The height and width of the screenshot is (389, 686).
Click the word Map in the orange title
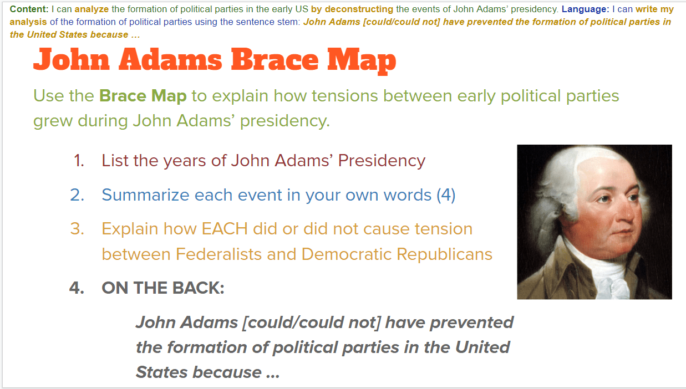[362, 61]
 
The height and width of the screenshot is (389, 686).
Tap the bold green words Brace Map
[143, 96]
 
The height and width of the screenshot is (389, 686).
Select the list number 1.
[79, 161]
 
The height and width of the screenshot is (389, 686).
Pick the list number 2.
[77, 195]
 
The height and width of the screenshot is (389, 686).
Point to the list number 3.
[77, 229]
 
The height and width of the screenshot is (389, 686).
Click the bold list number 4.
[77, 288]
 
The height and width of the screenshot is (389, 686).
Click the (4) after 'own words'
[446, 195]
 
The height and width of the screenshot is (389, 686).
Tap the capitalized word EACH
[225, 229]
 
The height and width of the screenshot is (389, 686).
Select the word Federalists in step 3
[218, 254]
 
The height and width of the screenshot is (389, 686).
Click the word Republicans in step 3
[444, 255]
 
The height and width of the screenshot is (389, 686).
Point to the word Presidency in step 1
[382, 161]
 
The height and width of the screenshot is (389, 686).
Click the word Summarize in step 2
[145, 195]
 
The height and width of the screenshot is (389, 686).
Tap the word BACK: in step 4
[198, 288]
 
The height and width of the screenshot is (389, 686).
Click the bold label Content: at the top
[29, 9]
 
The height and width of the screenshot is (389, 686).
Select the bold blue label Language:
[586, 9]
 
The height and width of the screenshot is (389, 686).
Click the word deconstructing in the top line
[359, 9]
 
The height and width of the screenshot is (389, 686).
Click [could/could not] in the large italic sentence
[312, 323]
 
